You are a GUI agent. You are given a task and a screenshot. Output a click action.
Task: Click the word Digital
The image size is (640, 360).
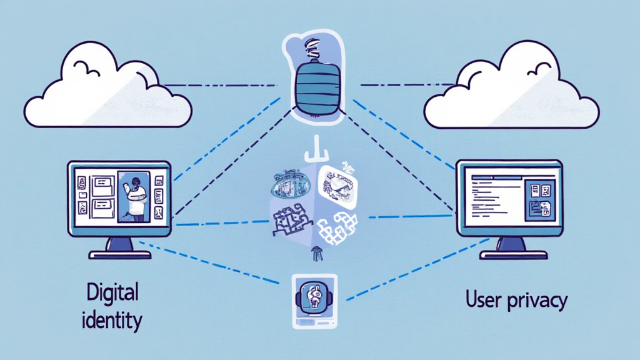point(113,292)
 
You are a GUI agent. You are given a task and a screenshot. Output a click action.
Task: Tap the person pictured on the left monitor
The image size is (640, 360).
point(134,196)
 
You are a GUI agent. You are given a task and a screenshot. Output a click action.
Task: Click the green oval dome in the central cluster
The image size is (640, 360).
point(290,181)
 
